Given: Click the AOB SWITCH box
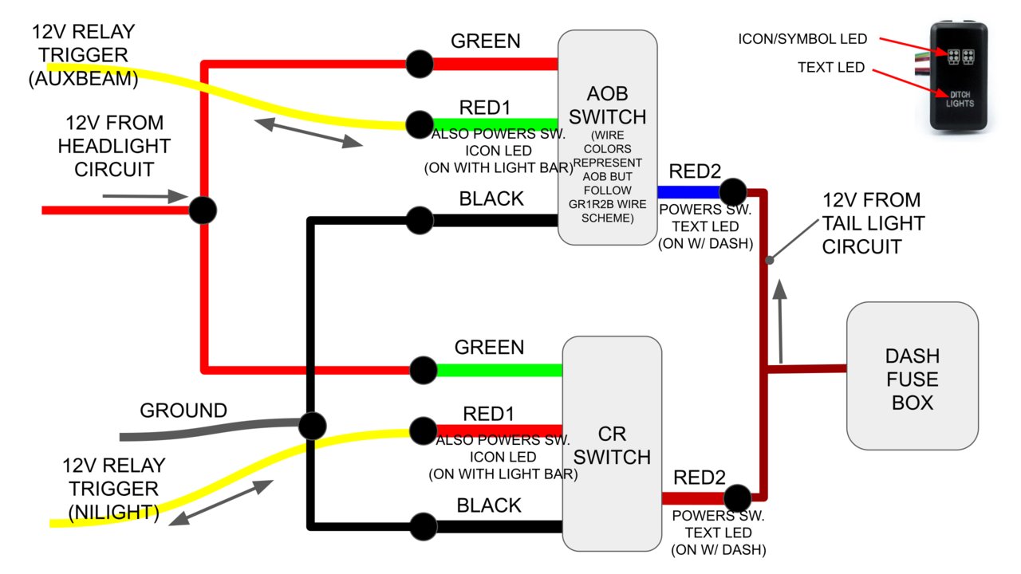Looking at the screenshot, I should [607, 137].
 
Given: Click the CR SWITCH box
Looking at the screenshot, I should [612, 444].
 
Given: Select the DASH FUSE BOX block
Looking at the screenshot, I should [912, 375].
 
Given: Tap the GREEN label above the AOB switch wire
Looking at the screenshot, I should [486, 41].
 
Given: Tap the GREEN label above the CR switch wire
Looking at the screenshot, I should [489, 348].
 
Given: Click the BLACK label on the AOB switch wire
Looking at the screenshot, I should [491, 199].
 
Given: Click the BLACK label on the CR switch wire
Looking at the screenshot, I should [489, 505].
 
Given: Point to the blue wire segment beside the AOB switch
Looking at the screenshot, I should [688, 191].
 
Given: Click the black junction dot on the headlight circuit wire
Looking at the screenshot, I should [203, 210].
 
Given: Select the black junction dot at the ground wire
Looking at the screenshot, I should [312, 425].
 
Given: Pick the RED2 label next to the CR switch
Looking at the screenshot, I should [700, 478].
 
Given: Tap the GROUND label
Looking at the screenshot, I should [183, 411].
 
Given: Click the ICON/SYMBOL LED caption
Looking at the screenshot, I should [802, 39].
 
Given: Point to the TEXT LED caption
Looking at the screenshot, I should [830, 68].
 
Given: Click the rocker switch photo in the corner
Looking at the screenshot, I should [958, 77].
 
